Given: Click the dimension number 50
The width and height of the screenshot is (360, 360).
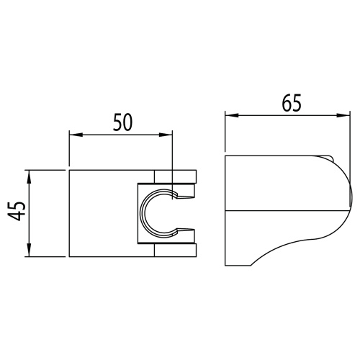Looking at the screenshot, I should coord(122,122).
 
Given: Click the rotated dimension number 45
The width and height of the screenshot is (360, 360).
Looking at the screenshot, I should coord(19,213).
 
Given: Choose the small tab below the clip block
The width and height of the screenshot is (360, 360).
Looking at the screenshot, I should coord(176,252).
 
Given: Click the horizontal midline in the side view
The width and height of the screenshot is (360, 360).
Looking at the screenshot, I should coord(281,212).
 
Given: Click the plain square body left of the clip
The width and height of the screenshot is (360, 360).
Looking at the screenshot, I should coord(101,213).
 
